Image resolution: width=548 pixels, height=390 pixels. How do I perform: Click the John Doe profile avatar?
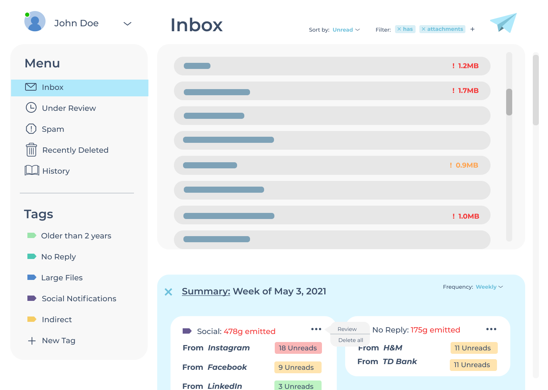(x=35, y=22)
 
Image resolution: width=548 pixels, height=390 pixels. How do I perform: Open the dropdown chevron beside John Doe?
(x=127, y=24)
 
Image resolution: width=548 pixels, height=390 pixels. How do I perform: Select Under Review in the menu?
(x=68, y=108)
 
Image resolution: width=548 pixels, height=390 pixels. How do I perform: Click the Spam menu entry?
(x=53, y=129)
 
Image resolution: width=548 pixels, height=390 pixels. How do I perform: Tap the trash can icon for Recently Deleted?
(x=31, y=150)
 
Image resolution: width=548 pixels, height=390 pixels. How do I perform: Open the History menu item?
(x=56, y=171)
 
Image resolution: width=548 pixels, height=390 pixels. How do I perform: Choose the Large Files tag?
(x=62, y=278)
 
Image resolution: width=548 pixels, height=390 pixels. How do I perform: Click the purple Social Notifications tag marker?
(x=32, y=298)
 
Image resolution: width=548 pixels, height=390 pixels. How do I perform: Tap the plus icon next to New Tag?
(x=32, y=341)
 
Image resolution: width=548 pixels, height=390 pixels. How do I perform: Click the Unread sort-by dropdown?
(x=346, y=30)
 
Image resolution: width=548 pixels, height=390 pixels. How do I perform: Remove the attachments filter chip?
(x=424, y=29)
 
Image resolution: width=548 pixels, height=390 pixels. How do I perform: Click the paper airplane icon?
(x=503, y=23)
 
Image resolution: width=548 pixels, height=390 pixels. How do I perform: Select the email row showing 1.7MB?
(x=332, y=91)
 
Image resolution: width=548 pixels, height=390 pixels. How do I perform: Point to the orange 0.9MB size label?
(x=467, y=165)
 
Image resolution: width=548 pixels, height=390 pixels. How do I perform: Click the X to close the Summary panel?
(x=168, y=292)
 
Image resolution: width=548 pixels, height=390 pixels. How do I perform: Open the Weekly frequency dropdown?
(x=489, y=287)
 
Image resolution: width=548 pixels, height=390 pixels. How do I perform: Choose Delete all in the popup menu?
(x=350, y=340)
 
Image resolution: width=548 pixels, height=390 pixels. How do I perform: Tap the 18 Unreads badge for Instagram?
(x=298, y=348)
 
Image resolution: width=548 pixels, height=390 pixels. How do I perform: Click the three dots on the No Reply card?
(x=491, y=329)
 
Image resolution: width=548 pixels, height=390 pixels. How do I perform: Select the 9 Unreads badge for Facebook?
(x=298, y=368)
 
